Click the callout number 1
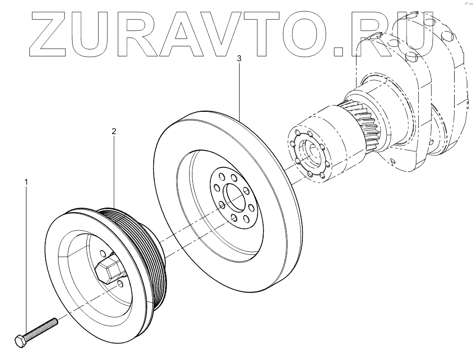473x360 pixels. click(26, 181)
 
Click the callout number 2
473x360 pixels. click(114, 132)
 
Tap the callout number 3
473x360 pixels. click(239, 59)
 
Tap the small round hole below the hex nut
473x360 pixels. click(120, 283)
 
